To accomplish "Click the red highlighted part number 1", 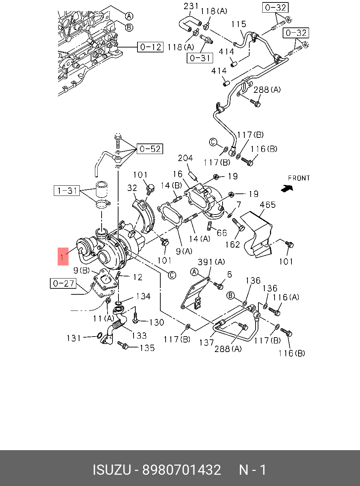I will pos(63,256).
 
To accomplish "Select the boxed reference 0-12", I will pos(150,47).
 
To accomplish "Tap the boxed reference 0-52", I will pos(150,149).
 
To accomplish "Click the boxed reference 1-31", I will pos(67,191).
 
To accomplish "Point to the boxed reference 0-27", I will pos(63,283).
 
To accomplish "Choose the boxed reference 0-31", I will pos(200,58).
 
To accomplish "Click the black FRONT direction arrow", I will pos(287,188).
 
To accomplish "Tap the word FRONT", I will pos(299,178).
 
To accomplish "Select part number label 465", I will pos(268,205).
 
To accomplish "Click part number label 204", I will pos(185,158).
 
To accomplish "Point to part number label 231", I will pos(191,6).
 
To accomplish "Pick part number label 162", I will pos(232,244).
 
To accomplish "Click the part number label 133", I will pos(139,335).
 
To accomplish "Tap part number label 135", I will pos(147,348).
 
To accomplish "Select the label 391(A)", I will pos(211,262).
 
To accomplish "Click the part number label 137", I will pos(206,342).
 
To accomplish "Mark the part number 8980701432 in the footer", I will pos(181,470).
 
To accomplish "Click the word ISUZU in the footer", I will pos(112,470).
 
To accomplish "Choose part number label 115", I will pos(239,24).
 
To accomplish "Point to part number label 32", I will pos(132,188).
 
